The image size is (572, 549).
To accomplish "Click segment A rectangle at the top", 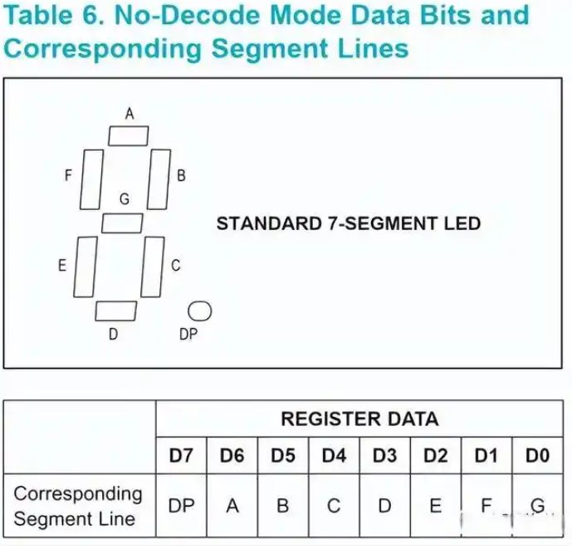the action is click(129, 135).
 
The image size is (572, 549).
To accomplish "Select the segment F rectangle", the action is click(91, 179).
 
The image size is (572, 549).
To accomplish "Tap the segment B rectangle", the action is click(159, 179).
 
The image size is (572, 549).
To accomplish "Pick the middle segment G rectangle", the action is click(122, 223).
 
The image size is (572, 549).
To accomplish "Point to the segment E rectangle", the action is click(85, 267).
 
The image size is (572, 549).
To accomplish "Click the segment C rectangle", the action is click(153, 267).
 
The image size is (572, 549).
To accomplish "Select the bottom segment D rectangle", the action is click(115, 311).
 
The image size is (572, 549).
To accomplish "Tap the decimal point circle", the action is click(200, 311).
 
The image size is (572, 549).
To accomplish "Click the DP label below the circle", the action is click(188, 336).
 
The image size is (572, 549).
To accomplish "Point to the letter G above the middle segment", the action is click(125, 199).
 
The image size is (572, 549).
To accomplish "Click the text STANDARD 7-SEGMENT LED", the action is click(348, 223).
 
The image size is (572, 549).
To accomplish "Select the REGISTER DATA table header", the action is click(359, 419).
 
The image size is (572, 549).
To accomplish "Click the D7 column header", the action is click(182, 456).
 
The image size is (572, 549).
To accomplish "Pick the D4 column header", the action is click(334, 456).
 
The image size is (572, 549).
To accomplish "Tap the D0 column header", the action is click(537, 456).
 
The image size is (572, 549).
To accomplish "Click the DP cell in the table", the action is click(182, 505).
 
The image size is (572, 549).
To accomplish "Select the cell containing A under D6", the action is click(232, 505).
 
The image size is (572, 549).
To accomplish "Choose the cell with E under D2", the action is click(435, 505).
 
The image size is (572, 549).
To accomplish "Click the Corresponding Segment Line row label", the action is click(78, 506).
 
